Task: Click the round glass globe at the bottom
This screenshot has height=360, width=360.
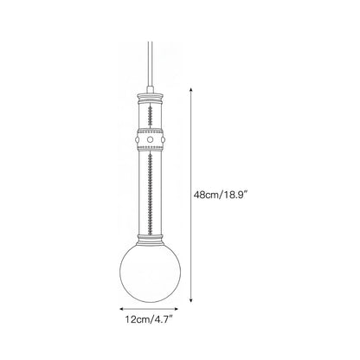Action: click(x=150, y=272)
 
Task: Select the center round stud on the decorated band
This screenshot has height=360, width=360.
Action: click(x=150, y=139)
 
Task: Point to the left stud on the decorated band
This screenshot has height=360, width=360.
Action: click(x=137, y=140)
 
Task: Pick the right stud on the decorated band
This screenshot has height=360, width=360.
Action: click(x=163, y=140)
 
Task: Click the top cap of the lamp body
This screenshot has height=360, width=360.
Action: click(x=150, y=95)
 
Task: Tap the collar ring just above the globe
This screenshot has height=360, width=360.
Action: click(x=150, y=238)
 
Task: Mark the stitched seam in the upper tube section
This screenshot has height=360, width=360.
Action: click(x=150, y=115)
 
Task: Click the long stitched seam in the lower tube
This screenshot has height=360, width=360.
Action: click(x=150, y=192)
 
